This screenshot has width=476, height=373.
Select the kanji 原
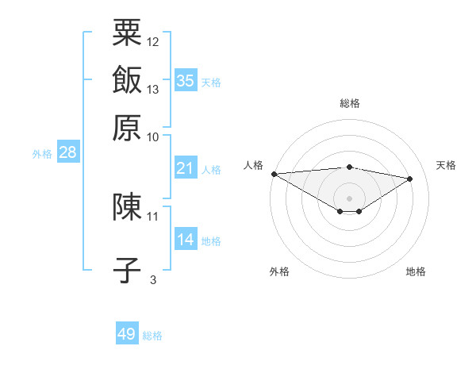pos(127,127)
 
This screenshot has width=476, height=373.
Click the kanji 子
pos(127,270)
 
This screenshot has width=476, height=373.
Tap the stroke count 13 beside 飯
pos(153,89)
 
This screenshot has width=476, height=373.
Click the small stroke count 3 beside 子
pos(153,279)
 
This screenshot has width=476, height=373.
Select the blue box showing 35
pos(186,80)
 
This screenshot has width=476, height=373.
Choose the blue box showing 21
pos(186,167)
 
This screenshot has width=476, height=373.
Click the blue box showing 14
pos(186,239)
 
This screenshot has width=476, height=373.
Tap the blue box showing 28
pos(67,153)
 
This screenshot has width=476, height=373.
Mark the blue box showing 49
pos(127,334)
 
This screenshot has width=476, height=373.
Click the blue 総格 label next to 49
pos(153,336)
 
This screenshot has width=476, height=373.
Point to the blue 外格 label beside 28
pos(42,155)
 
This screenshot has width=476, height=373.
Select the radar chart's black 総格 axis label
pos(350,103)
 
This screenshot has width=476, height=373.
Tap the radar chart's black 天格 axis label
pos(446,165)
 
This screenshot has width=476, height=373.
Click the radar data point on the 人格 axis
pos(274,174)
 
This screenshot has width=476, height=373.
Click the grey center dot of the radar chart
pos(350,198)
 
